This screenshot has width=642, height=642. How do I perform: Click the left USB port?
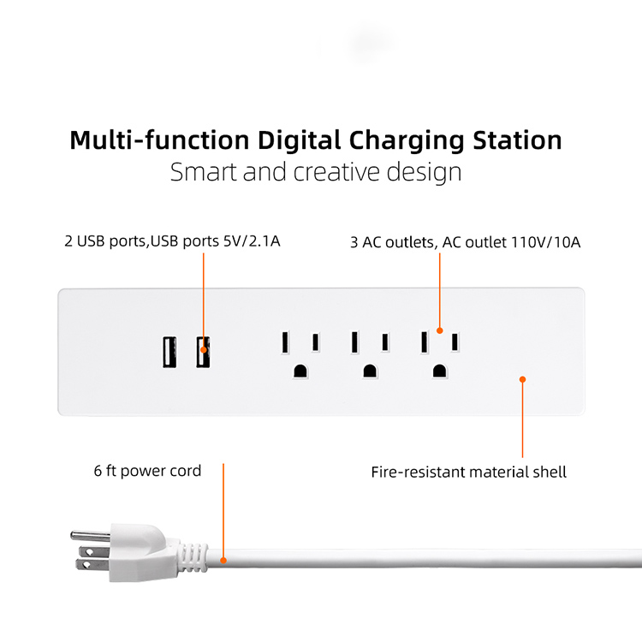pyautogui.click(x=168, y=353)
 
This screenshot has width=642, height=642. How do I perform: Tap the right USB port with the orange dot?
pyautogui.click(x=203, y=352)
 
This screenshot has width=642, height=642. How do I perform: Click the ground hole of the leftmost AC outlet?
pyautogui.click(x=300, y=371)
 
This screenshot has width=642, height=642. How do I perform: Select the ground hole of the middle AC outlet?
pyautogui.click(x=370, y=371)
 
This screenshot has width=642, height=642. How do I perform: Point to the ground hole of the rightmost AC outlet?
pyautogui.click(x=439, y=371)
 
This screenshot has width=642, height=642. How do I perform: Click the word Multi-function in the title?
pyautogui.click(x=159, y=140)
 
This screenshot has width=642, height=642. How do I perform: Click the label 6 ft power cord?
pyautogui.click(x=148, y=471)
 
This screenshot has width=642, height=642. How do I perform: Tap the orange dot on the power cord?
pyautogui.click(x=223, y=562)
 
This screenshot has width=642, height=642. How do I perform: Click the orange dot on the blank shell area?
pyautogui.click(x=522, y=377)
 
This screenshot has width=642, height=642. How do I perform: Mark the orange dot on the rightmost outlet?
pyautogui.click(x=439, y=330)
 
